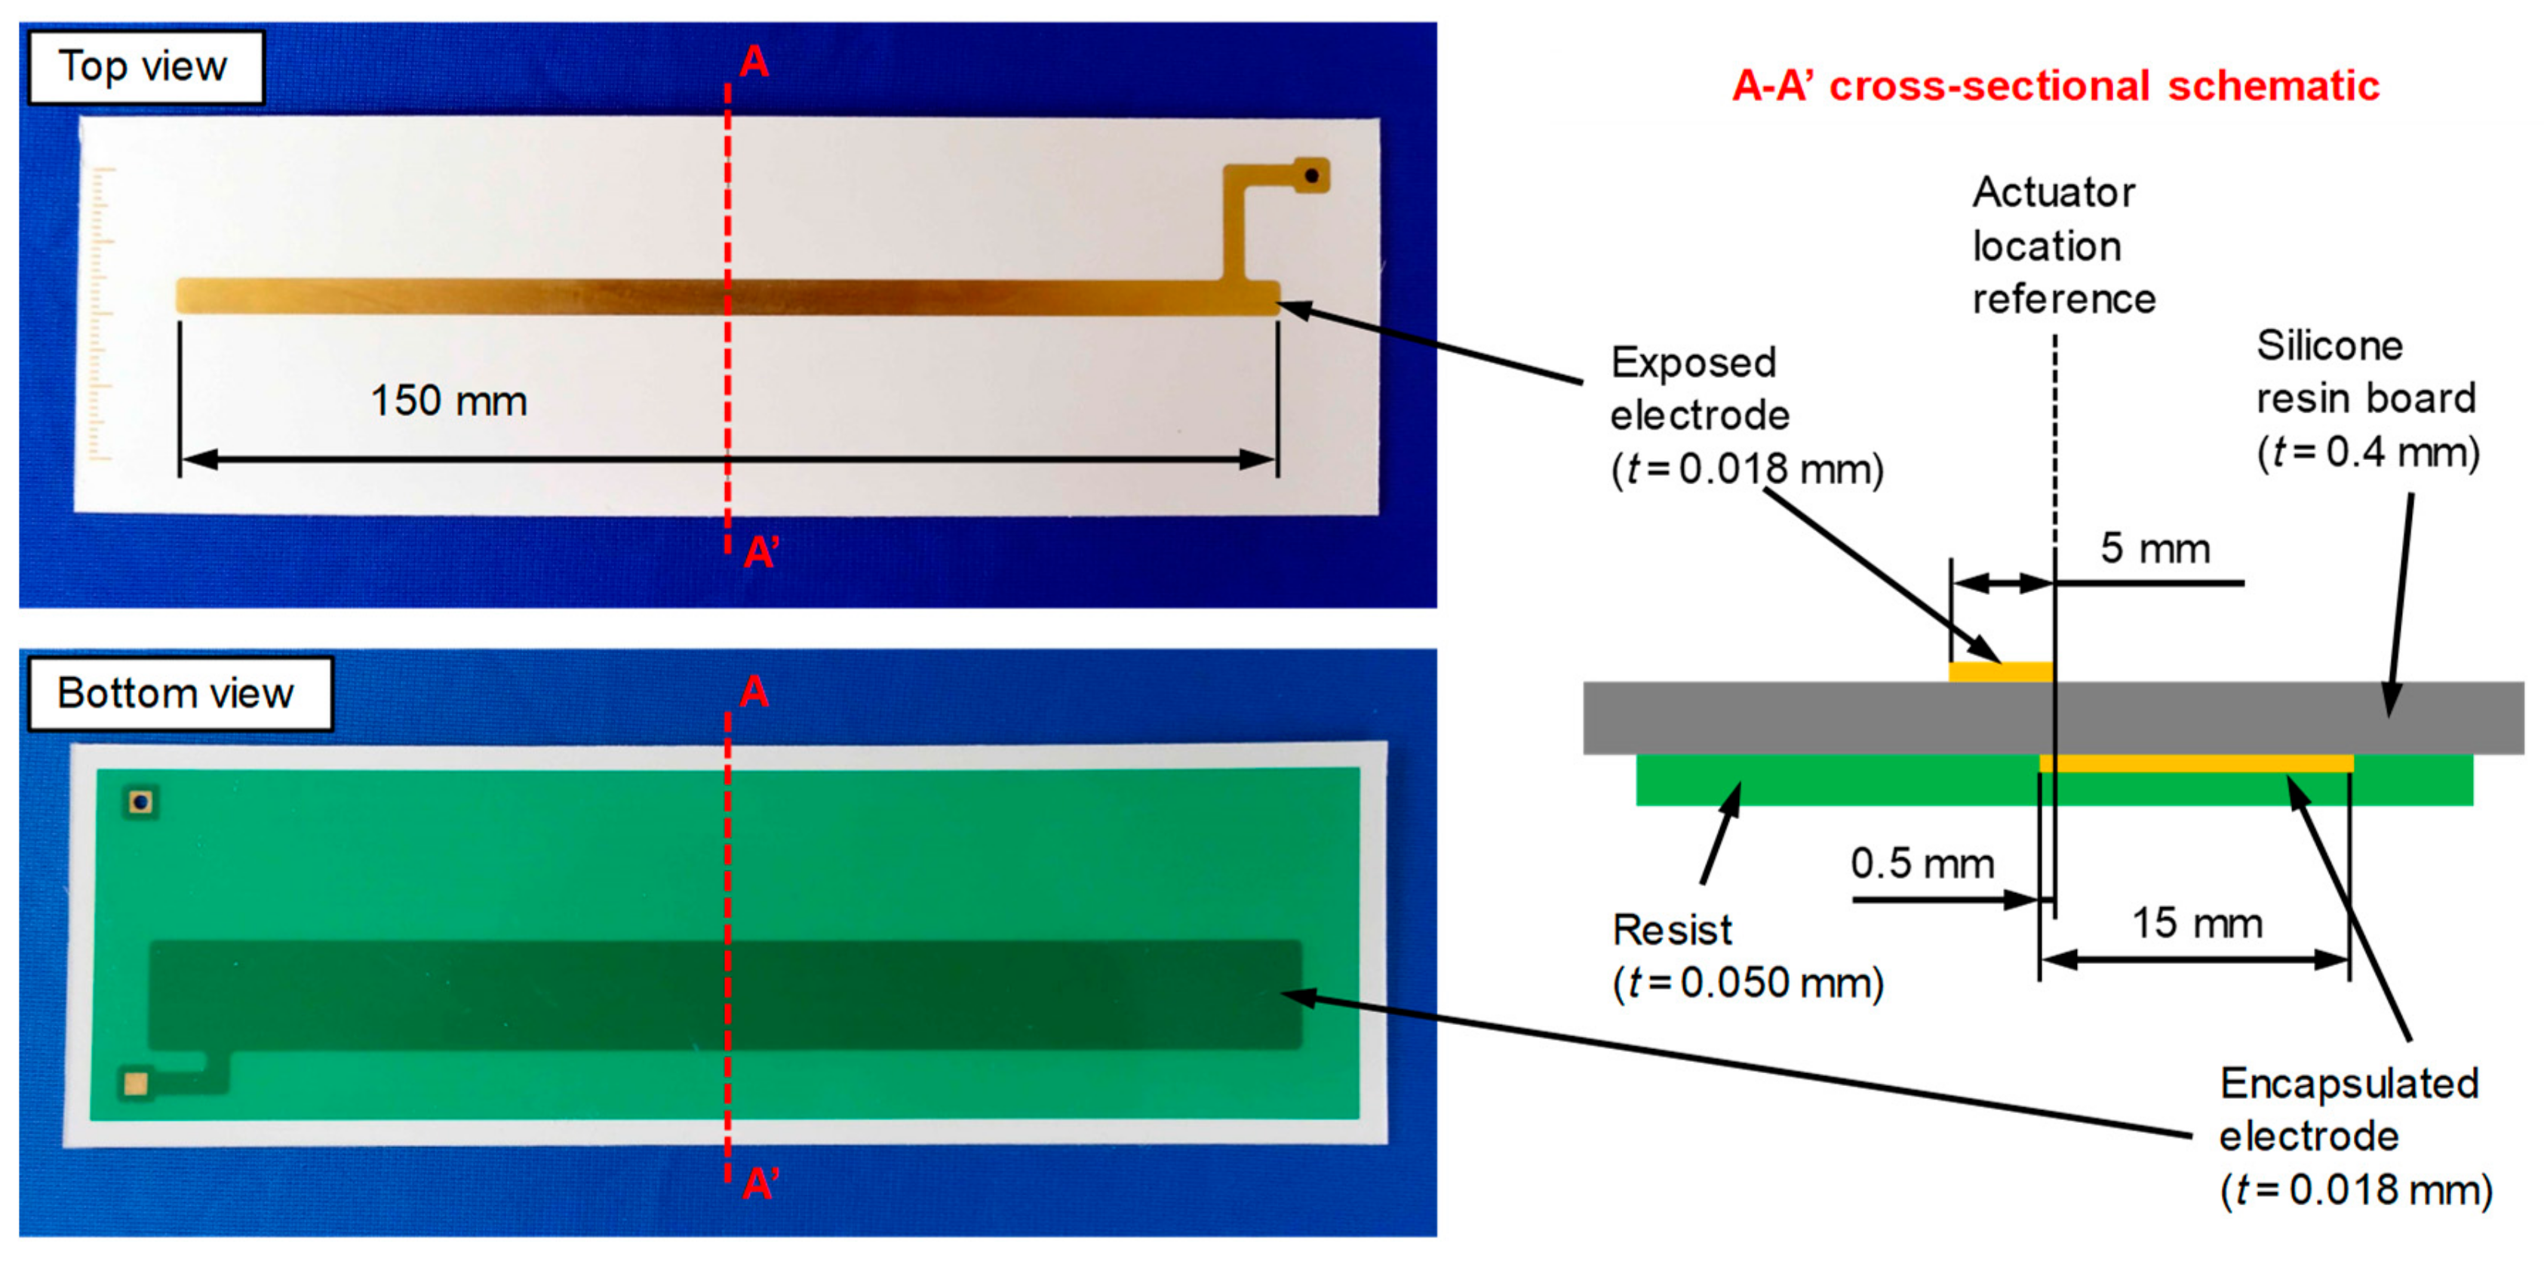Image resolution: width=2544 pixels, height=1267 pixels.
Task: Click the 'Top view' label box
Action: tap(144, 67)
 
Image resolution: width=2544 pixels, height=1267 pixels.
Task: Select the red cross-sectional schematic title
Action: tap(2055, 86)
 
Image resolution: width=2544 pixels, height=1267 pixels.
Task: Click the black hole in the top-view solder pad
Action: tap(1311, 176)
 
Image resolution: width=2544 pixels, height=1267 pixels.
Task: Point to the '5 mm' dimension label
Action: tap(2155, 548)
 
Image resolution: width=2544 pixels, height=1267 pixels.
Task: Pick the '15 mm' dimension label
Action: tap(2196, 923)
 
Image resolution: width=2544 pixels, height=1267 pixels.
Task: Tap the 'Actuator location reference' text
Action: tap(2062, 246)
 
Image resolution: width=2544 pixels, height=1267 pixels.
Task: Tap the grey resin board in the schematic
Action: tap(1777, 718)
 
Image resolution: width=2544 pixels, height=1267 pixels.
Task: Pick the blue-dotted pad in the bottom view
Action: tap(141, 802)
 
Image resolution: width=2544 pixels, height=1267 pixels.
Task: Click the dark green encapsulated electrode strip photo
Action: tap(726, 995)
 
